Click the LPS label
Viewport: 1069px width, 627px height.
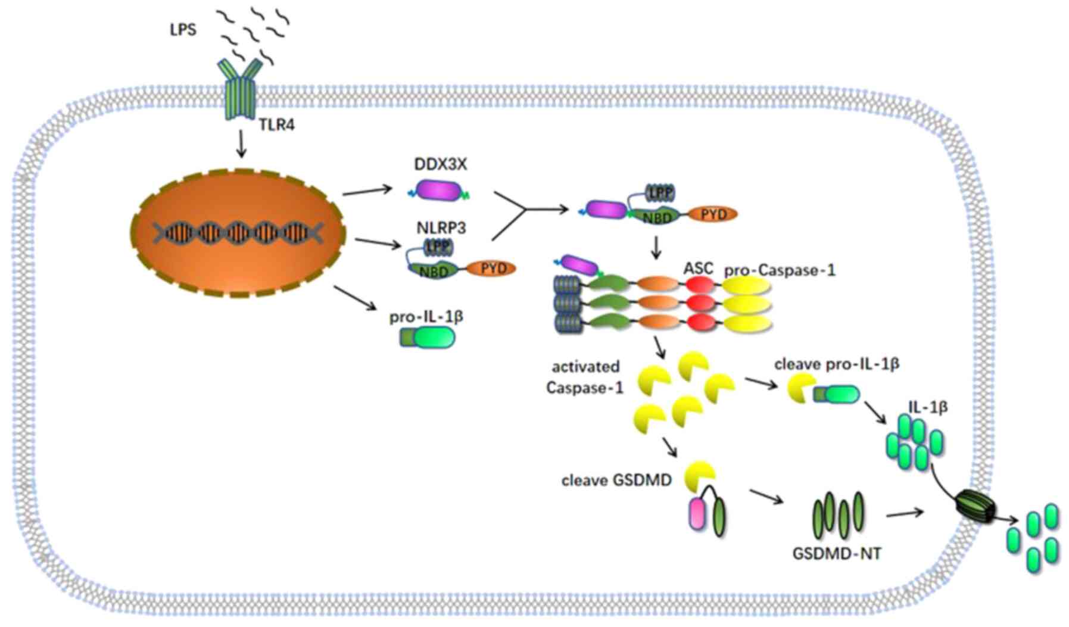click(183, 29)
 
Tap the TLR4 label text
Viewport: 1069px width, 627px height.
click(276, 125)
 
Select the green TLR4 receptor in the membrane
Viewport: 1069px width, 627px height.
click(240, 89)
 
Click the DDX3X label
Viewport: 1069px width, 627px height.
click(440, 164)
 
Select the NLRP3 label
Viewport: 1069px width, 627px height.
click(441, 227)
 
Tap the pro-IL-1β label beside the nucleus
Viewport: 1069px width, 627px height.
click(426, 316)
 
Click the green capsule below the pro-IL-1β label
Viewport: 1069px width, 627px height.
click(428, 338)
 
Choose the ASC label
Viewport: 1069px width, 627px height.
click(698, 269)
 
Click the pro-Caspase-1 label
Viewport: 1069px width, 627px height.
click(780, 270)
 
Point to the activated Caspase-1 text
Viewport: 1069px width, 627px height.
click(585, 377)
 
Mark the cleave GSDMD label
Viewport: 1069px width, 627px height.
click(616, 480)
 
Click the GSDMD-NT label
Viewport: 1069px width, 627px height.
click(836, 554)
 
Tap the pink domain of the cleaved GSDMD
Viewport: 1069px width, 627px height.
click(696, 514)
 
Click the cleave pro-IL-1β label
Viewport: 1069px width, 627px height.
click(836, 364)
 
